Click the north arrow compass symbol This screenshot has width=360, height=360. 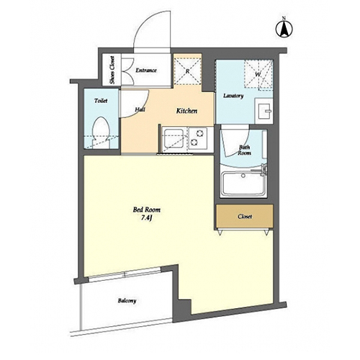coord(284,29)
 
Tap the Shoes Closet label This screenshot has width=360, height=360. coord(112,70)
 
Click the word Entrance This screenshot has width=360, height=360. coord(146,71)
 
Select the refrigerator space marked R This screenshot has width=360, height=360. coord(187,71)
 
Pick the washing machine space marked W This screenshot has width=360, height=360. coord(258,75)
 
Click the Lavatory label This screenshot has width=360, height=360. coord(233,96)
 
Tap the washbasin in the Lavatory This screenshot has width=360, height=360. coord(264,111)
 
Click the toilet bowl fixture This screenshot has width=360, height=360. coord(102,131)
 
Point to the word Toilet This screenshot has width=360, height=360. coord(101,101)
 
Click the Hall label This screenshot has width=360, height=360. coord(140,109)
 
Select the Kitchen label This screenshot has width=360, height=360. coord(186,111)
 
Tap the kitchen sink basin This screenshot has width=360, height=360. coord(173,139)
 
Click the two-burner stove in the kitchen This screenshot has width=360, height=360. coord(197,139)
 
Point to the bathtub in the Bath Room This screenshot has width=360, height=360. coord(243,184)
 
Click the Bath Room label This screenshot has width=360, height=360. coord(244,150)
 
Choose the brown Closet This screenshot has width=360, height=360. coord(245,216)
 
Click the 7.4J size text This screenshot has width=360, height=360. coord(146,218)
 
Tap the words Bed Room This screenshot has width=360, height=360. coord(147,210)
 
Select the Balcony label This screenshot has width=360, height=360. coord(127,300)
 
